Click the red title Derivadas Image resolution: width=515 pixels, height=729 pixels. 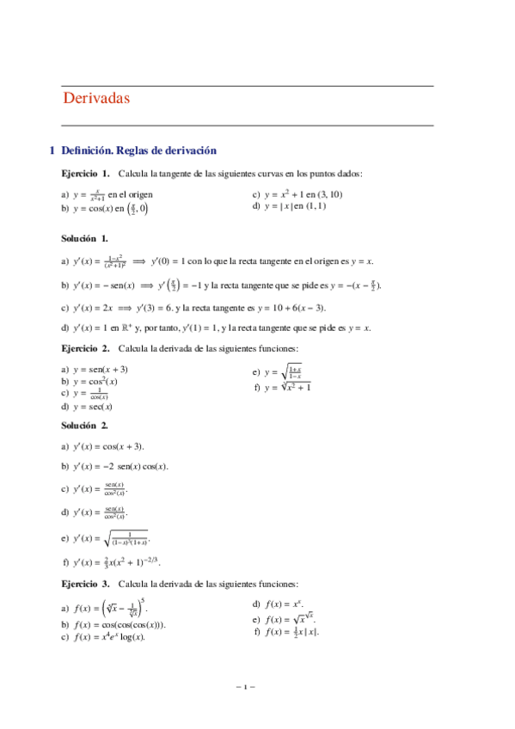pyautogui.click(x=96, y=99)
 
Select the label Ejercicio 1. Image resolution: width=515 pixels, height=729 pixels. pyautogui.click(x=86, y=173)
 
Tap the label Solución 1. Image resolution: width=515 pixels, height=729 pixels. pyautogui.click(x=84, y=238)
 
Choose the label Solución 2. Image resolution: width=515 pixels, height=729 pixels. pyautogui.click(x=84, y=426)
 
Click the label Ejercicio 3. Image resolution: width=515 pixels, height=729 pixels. pyautogui.click(x=86, y=583)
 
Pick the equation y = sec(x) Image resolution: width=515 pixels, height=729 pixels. pyautogui.click(x=94, y=407)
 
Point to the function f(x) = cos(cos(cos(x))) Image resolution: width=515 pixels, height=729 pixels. pyautogui.click(x=121, y=625)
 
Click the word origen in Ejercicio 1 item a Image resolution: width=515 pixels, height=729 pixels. pyautogui.click(x=135, y=194)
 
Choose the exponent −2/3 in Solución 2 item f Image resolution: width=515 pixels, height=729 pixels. pyautogui.click(x=152, y=560)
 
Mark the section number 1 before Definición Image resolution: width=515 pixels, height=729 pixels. pyautogui.click(x=52, y=150)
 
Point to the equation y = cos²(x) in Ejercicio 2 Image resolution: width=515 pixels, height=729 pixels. pyautogui.click(x=95, y=381)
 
